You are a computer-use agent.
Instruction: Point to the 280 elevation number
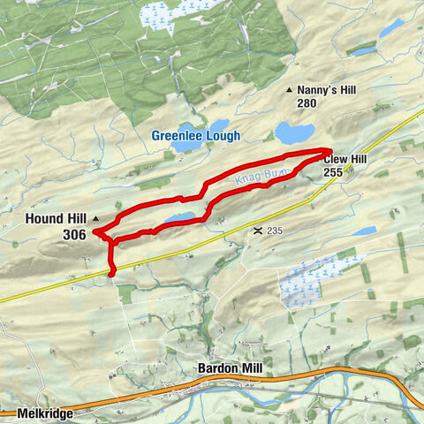pos(307,103)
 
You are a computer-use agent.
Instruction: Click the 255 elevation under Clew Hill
pos(333,173)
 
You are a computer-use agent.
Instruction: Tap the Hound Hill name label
pos(55,218)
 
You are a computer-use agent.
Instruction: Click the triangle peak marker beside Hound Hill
pos(95,217)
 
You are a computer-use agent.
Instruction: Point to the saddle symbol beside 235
pos(256,231)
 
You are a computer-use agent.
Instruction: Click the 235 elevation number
pos(276,231)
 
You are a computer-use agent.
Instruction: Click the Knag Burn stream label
pos(262,177)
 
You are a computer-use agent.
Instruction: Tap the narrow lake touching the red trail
pos(181,217)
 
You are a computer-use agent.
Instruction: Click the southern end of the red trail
pos(112,273)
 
